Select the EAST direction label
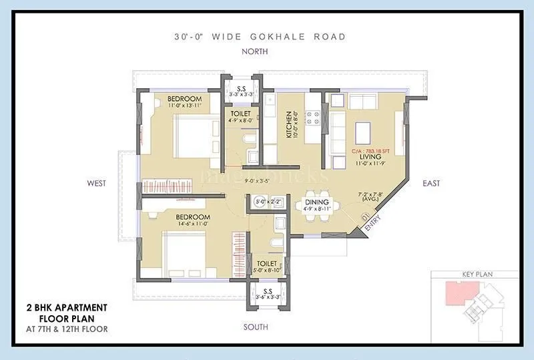tap(431, 182)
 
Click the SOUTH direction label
tap(256, 327)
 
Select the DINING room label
tap(316, 202)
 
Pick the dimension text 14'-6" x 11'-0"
tap(193, 224)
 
